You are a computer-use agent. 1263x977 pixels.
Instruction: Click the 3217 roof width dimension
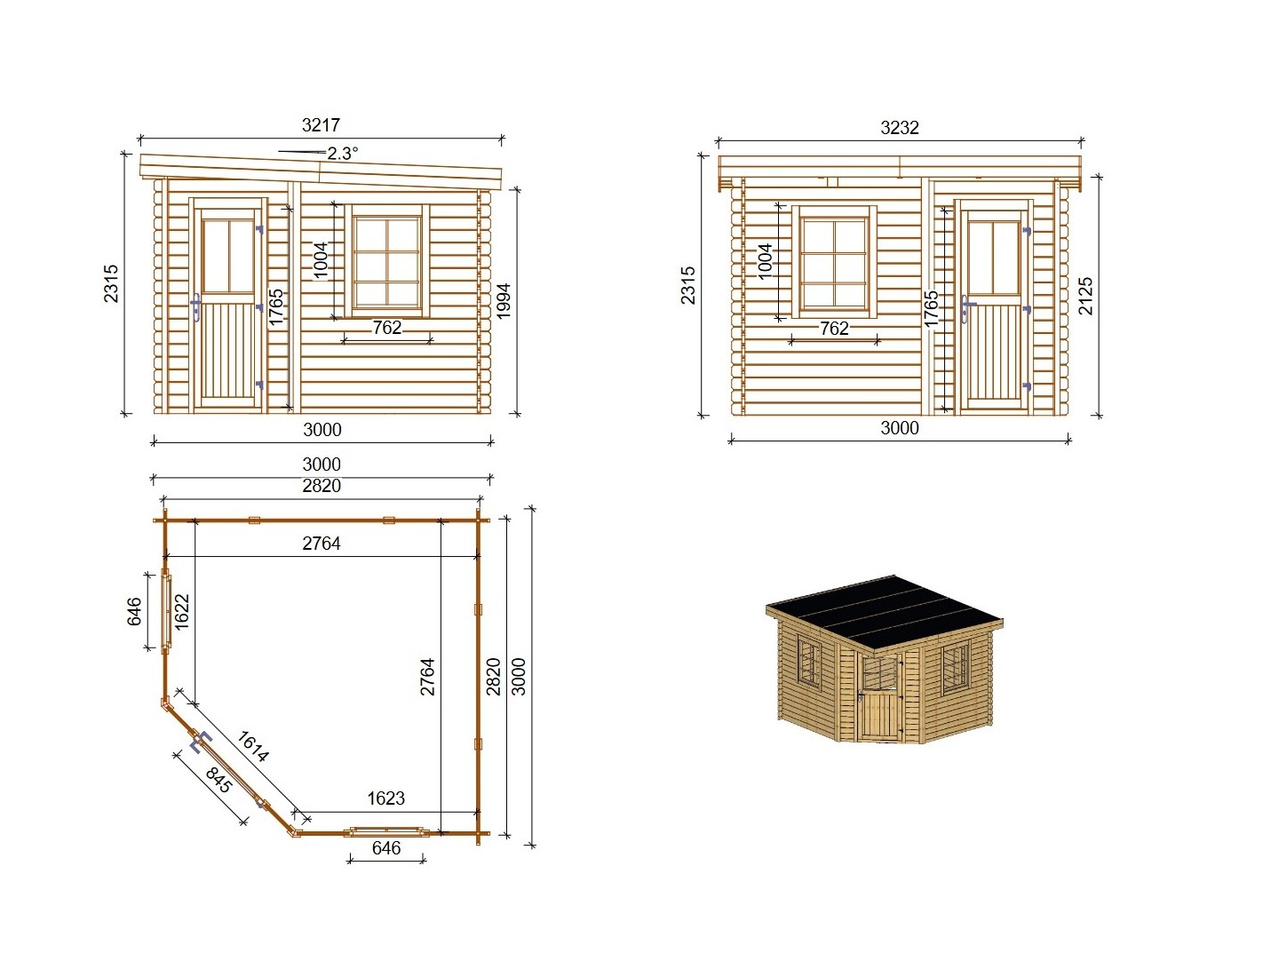point(321,125)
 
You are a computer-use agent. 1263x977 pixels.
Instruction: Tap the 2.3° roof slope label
point(342,154)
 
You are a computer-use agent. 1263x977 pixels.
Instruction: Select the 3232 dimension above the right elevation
point(899,128)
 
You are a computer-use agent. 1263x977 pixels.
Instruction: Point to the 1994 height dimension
point(504,301)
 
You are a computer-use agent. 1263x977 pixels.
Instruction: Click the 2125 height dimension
point(1085,297)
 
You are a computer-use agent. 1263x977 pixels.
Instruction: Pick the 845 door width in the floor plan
point(218,780)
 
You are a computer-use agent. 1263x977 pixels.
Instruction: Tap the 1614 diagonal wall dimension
point(253,746)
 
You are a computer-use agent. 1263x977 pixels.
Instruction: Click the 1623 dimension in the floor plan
point(386,798)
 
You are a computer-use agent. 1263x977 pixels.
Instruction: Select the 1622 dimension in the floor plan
point(182,612)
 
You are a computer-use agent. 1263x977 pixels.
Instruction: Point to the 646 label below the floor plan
point(386,848)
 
